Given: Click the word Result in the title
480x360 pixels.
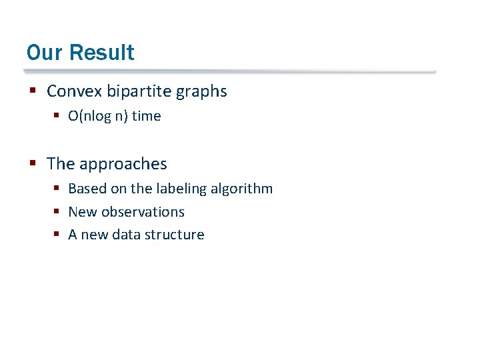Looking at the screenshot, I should click(x=101, y=52).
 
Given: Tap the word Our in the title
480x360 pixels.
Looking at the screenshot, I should click(x=45, y=52).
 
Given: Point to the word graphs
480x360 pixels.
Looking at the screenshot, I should click(x=202, y=92).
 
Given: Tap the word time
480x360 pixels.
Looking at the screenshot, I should click(x=146, y=116).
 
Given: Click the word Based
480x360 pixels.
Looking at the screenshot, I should click(x=87, y=189).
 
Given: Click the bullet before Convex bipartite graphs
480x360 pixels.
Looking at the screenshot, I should click(x=33, y=91).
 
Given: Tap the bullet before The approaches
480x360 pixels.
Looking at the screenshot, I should click(x=33, y=163).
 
